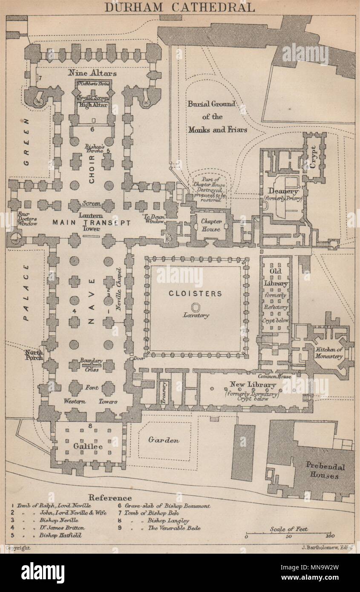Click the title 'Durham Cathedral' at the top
(x=180, y=7)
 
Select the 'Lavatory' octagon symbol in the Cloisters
(x=196, y=307)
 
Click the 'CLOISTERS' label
(x=196, y=293)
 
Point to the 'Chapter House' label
(x=211, y=225)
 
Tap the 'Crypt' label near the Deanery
(x=314, y=151)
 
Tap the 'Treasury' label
(x=163, y=392)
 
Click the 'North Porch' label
(x=34, y=355)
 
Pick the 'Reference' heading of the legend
(x=110, y=497)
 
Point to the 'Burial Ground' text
(x=212, y=104)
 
